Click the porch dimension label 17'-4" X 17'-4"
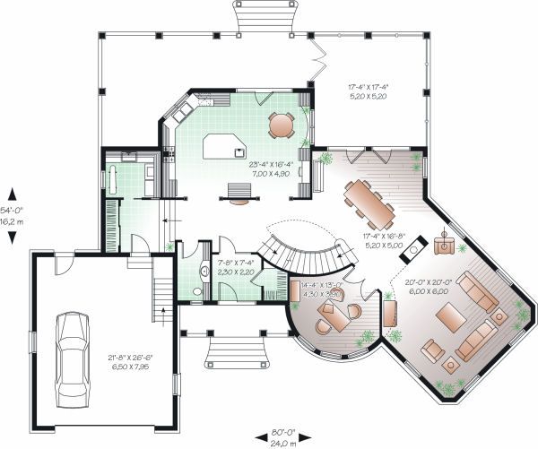coord(369,91)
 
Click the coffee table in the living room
coord(448,315)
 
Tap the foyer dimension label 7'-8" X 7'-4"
coord(236,266)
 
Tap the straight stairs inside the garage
coord(163,290)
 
